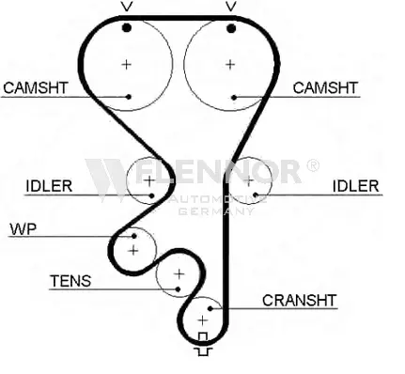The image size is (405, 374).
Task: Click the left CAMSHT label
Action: (36, 87)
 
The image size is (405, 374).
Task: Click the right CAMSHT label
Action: (325, 87)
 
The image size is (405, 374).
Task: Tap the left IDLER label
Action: (49, 186)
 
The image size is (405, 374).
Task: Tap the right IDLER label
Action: (355, 186)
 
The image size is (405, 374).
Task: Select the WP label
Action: (23, 229)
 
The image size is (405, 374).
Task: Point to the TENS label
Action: (70, 281)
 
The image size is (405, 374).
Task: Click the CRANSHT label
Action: (299, 301)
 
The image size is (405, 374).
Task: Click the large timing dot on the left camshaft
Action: (127, 28)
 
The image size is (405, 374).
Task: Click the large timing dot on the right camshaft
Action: (231, 29)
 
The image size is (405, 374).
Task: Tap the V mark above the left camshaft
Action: (127, 7)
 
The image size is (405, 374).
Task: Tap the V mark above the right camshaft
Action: (231, 7)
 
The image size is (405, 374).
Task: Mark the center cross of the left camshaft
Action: (127, 65)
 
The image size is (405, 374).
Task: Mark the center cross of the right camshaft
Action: (230, 65)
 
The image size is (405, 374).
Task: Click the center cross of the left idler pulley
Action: (149, 180)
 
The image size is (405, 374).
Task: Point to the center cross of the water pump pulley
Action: (133, 250)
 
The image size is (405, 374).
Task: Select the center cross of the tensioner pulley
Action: (179, 274)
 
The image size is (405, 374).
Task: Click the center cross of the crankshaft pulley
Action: (203, 320)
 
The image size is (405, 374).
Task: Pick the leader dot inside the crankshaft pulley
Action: (210, 309)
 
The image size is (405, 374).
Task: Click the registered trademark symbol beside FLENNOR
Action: (312, 165)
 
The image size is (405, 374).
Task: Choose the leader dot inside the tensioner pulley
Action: (178, 288)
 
